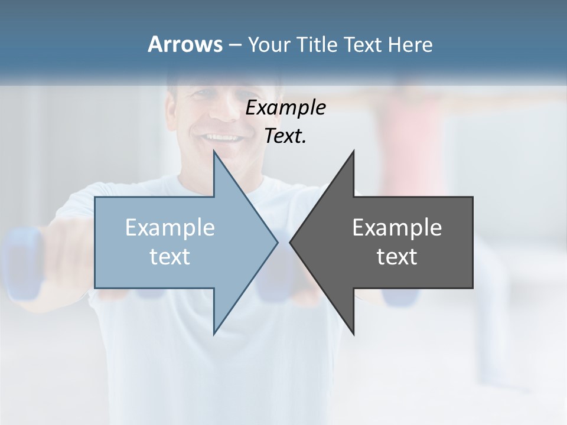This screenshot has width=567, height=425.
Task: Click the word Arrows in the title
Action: click(185, 44)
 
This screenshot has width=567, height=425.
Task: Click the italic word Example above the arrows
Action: click(285, 107)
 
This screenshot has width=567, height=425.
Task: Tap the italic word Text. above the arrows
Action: click(285, 136)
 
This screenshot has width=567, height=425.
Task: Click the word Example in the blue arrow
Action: click(170, 227)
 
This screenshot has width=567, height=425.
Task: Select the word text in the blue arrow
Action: click(170, 256)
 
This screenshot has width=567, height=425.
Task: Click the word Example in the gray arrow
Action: click(397, 227)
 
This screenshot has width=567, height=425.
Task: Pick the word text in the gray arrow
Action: click(397, 256)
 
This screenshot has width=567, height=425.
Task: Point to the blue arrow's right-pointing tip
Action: click(276, 241)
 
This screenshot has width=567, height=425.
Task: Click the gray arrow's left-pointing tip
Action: click(291, 241)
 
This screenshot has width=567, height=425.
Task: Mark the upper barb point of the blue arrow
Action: click(214, 152)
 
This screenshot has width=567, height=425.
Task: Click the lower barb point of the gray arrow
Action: click(353, 334)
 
